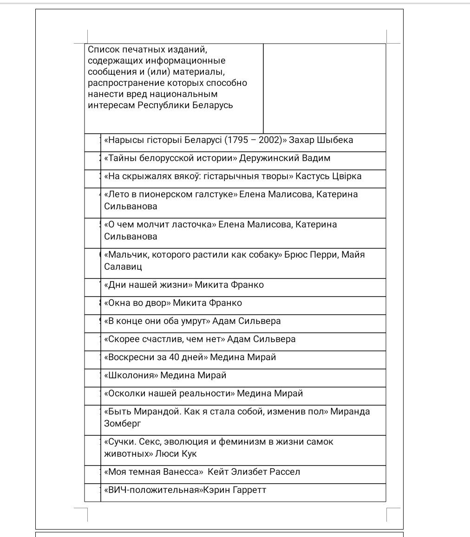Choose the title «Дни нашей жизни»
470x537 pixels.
coord(148,285)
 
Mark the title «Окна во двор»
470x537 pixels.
coord(137,303)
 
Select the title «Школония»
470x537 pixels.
coord(131,375)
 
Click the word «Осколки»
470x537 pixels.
coord(124,394)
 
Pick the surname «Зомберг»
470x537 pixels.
coord(122,423)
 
